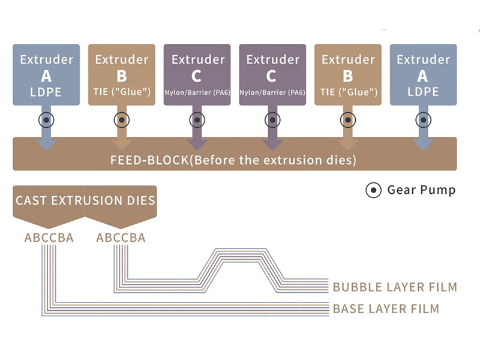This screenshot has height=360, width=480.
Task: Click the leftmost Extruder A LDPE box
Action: pyautogui.click(x=46, y=74)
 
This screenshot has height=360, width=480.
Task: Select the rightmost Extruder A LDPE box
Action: pyautogui.click(x=423, y=74)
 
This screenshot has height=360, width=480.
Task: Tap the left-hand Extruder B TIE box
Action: pyautogui.click(x=122, y=74)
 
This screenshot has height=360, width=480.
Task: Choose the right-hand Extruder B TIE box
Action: pyautogui.click(x=347, y=74)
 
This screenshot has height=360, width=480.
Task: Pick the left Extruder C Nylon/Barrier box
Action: pyautogui.click(x=197, y=74)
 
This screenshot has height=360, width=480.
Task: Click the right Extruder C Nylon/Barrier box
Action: pyautogui.click(x=272, y=74)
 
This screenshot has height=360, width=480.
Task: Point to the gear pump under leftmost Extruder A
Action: pyautogui.click(x=46, y=120)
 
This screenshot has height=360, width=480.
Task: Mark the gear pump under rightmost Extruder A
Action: pyautogui.click(x=423, y=120)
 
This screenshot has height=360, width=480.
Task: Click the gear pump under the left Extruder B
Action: pyautogui.click(x=122, y=120)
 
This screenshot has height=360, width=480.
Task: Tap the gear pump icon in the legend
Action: pyautogui.click(x=374, y=191)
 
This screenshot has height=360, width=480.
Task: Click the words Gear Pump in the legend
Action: pyautogui.click(x=421, y=191)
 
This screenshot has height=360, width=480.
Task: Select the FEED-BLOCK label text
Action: pyautogui.click(x=234, y=160)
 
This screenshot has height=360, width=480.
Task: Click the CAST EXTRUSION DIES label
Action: pyautogui.click(x=85, y=200)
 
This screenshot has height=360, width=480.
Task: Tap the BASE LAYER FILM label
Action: pyautogui.click(x=386, y=309)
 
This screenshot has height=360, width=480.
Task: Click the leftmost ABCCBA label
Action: pyautogui.click(x=49, y=238)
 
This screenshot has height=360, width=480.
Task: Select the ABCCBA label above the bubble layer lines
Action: pyautogui.click(x=121, y=238)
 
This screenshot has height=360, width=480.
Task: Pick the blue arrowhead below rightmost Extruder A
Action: pyautogui.click(x=423, y=144)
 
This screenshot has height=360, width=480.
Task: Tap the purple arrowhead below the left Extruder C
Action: pyautogui.click(x=197, y=144)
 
